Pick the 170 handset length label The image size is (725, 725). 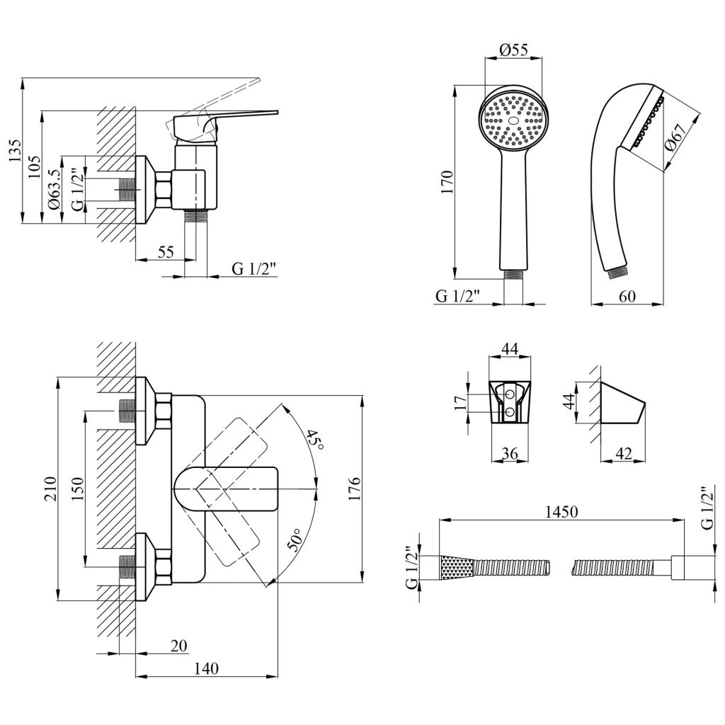coord(447,183)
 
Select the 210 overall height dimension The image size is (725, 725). coord(50,489)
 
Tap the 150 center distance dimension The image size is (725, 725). coord(77,489)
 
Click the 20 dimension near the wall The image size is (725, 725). coord(178,645)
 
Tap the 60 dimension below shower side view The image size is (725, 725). coord(627,297)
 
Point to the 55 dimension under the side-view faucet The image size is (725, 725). coord(165,251)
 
